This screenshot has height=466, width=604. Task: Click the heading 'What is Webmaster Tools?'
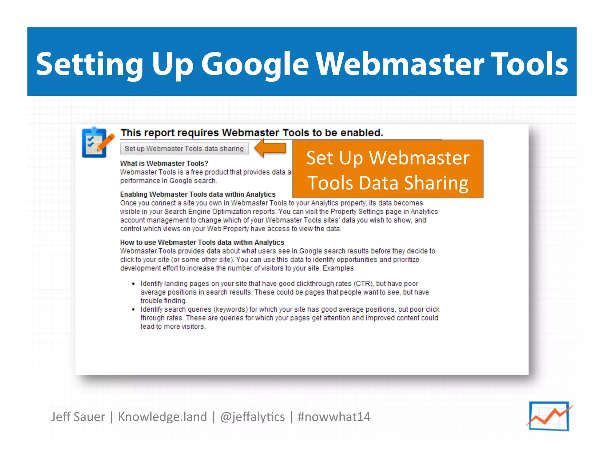164,163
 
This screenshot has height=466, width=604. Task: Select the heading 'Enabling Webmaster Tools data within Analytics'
198,194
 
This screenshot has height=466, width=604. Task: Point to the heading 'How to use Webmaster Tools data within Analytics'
202,242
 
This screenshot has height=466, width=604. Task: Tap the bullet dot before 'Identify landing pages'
133,284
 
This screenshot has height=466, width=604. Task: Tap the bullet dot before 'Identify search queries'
133,310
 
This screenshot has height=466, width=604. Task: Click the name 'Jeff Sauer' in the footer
78,417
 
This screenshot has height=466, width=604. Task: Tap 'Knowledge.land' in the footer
163,417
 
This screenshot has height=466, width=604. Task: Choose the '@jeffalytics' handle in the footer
252,417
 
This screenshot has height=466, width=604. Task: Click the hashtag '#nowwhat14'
334,417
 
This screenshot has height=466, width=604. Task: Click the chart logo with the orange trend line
549,416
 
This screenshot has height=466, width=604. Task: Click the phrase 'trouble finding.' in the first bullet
164,301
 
